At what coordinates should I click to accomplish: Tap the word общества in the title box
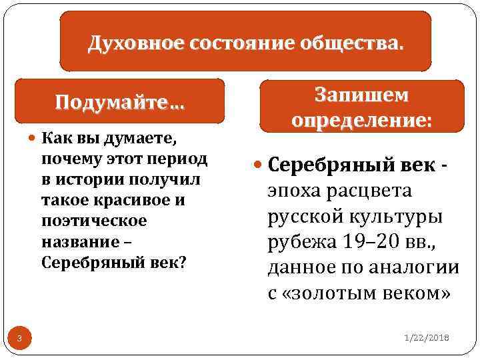(359, 45)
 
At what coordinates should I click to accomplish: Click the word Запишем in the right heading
(361, 96)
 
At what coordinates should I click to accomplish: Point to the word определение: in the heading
(361, 121)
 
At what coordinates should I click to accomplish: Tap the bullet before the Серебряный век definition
(259, 164)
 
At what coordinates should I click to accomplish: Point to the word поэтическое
(84, 221)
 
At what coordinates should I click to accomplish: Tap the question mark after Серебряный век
(183, 261)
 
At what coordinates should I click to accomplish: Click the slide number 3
(20, 341)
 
